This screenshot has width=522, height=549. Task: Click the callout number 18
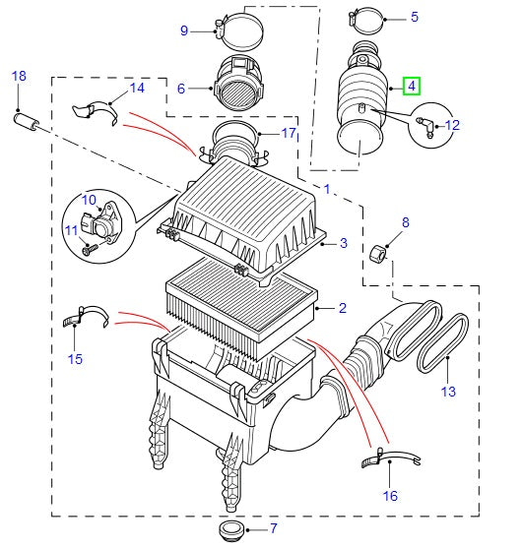point(19,76)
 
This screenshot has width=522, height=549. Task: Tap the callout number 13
point(448,392)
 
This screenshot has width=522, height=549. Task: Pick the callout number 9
point(183,30)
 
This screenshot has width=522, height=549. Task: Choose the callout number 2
point(342,308)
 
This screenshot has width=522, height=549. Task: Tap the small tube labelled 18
point(27,123)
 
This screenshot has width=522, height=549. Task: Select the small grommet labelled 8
point(377,257)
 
